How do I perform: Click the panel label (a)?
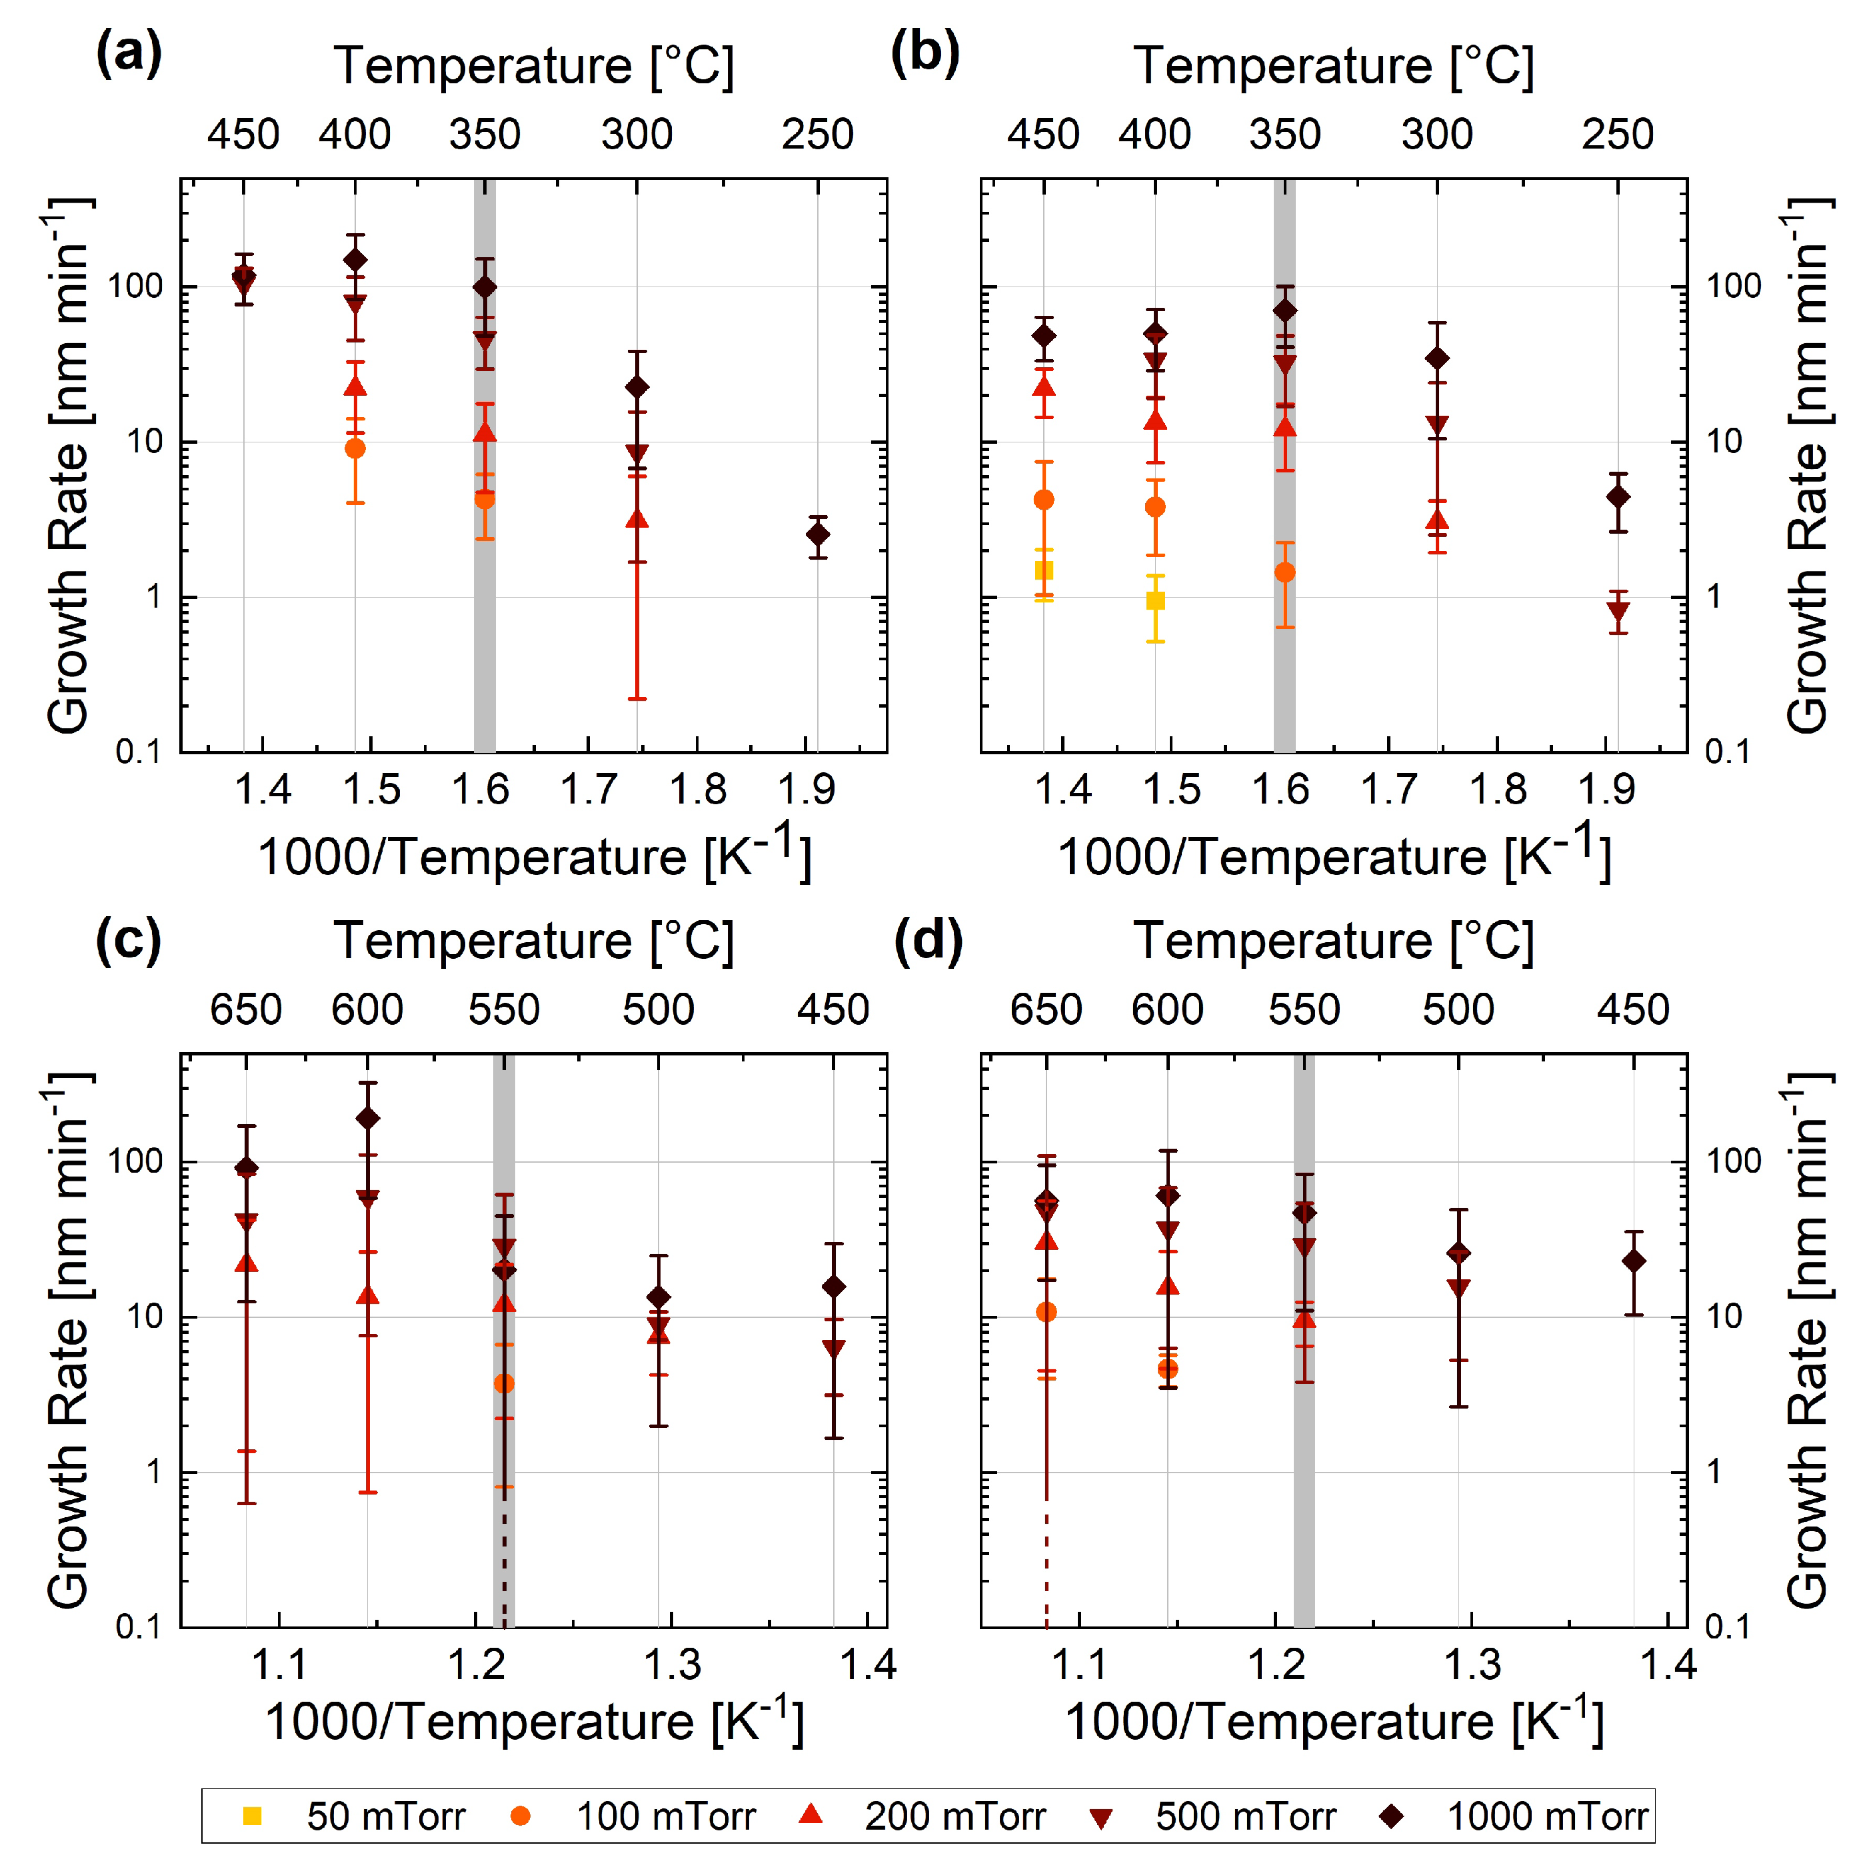point(128,54)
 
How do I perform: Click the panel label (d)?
point(927,939)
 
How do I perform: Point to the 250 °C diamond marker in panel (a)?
point(817,534)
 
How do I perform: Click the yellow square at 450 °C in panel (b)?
point(1044,570)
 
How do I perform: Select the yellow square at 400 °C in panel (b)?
point(1155,600)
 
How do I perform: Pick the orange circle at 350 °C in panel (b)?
point(1284,572)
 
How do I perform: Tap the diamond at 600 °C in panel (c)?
point(367,1118)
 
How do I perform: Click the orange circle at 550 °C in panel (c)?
point(504,1383)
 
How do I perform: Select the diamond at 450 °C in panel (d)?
point(1633,1261)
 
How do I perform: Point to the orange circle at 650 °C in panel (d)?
point(1046,1312)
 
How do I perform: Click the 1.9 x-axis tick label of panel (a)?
point(806,790)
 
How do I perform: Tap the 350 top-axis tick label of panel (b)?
point(1284,134)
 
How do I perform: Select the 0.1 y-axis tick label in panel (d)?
point(1727,1627)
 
